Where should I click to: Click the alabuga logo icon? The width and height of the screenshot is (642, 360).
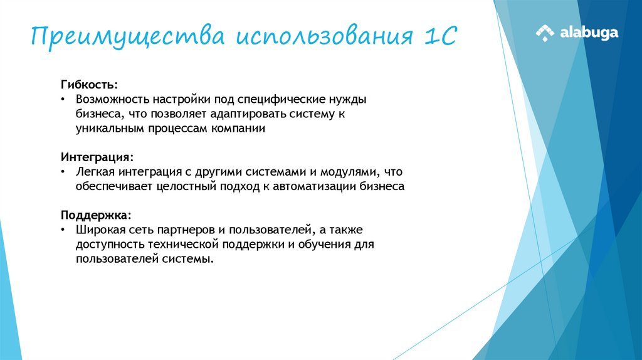pos(545,33)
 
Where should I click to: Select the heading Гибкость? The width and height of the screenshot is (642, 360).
pos(88,85)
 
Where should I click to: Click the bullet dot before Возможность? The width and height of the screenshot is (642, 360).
pos(63,100)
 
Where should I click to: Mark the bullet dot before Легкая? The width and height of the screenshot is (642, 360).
pos(63,171)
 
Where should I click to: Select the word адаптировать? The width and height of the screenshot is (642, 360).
pos(250,114)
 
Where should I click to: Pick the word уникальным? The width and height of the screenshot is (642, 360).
pos(107,129)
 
